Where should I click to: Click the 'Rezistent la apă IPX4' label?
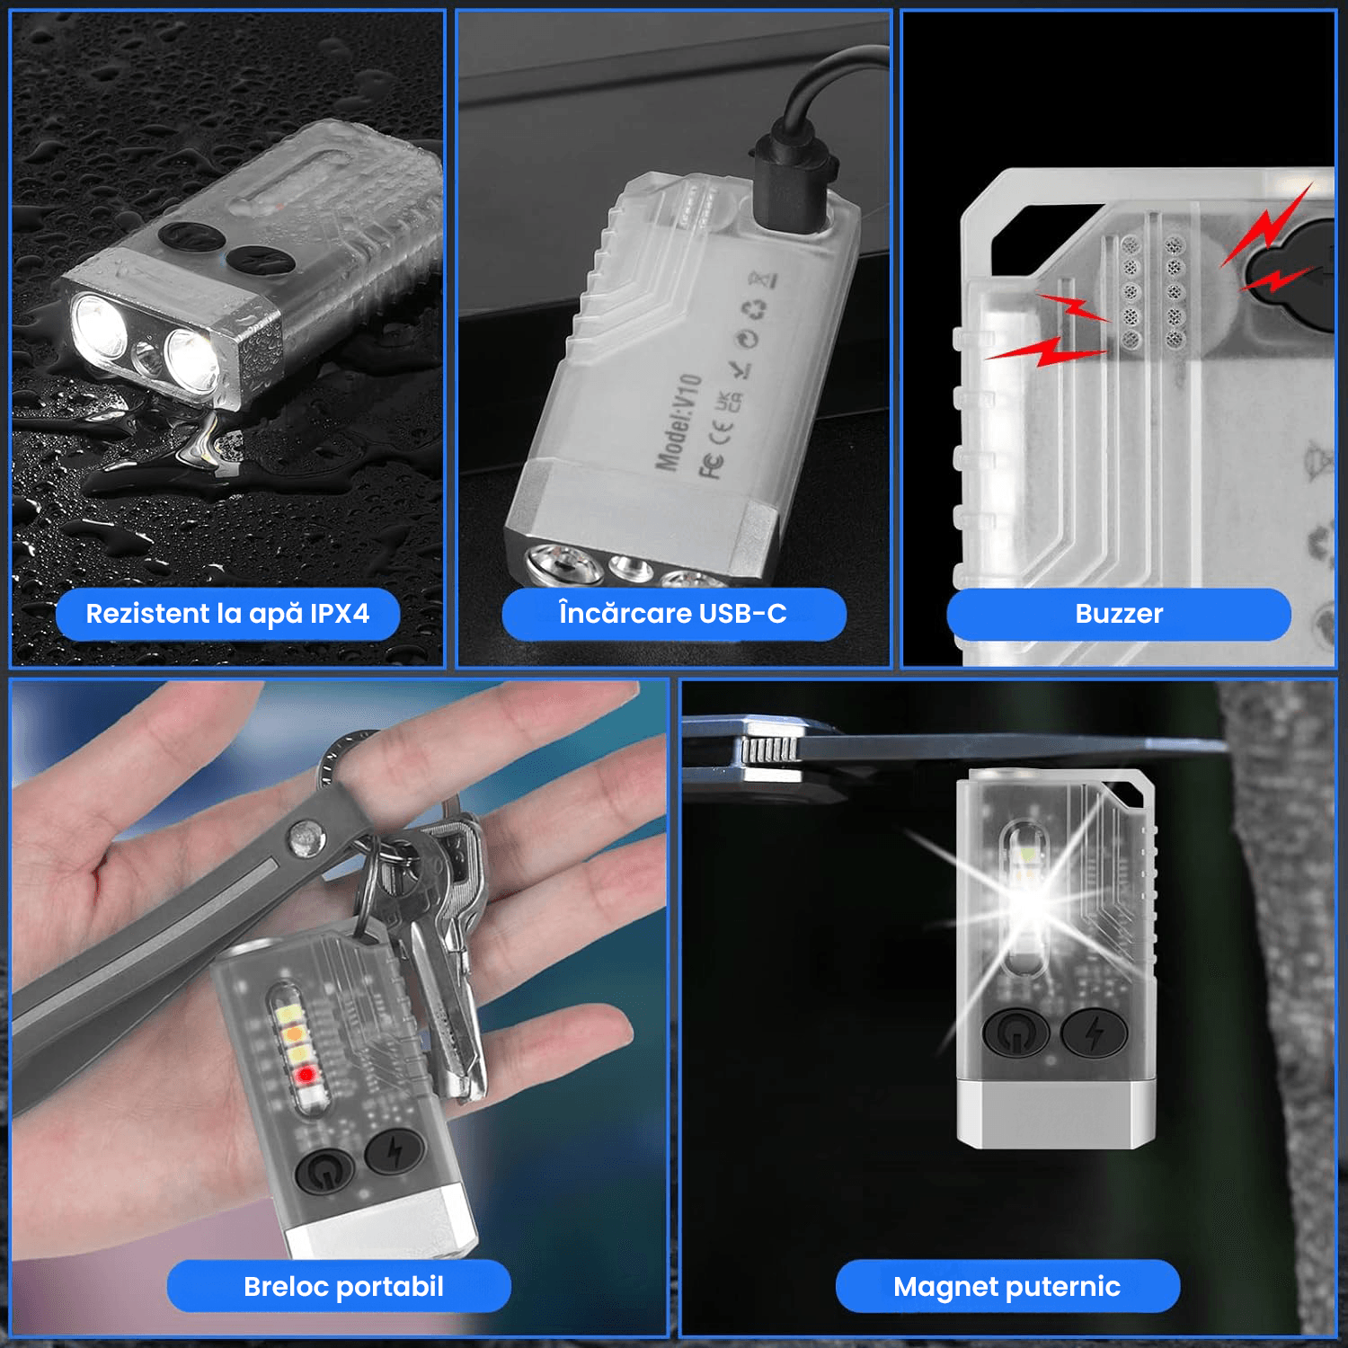(227, 614)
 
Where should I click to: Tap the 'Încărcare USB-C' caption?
(673, 614)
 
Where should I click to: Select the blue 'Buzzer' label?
(1119, 614)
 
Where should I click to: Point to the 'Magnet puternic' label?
(1007, 1286)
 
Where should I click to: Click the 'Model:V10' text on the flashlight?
(678, 422)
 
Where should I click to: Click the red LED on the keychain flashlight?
(306, 1074)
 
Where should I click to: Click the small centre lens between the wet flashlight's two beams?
(146, 357)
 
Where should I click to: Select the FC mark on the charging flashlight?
(712, 466)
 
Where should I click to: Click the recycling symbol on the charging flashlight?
(754, 311)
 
